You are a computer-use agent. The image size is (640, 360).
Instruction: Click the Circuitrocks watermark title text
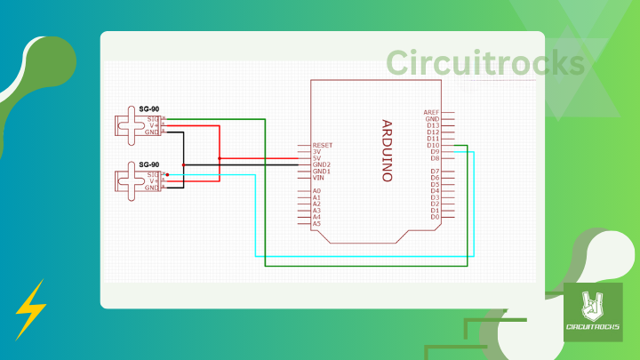coord(485,63)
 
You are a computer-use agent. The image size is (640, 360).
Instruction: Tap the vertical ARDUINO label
coord(387,150)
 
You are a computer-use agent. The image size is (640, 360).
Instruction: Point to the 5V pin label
coord(316,158)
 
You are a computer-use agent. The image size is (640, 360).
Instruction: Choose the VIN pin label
coord(318,178)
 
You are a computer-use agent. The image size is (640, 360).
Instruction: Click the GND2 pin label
coord(321,164)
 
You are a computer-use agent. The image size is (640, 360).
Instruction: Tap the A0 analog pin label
coord(316,191)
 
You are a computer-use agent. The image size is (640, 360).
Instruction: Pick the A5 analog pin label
coord(316,223)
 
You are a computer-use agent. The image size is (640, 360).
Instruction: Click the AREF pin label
coord(432,113)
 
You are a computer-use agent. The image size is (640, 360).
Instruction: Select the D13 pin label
coord(433,125)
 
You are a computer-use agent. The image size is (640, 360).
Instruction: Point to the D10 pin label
coord(433,145)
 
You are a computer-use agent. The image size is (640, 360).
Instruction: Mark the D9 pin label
coord(435,152)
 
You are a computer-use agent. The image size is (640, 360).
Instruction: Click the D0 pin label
coord(435,217)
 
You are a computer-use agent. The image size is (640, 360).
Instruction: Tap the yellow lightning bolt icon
coord(30,309)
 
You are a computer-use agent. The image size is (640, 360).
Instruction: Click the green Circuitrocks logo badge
coord(593,312)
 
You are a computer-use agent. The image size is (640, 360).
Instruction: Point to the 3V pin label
coord(316,152)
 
